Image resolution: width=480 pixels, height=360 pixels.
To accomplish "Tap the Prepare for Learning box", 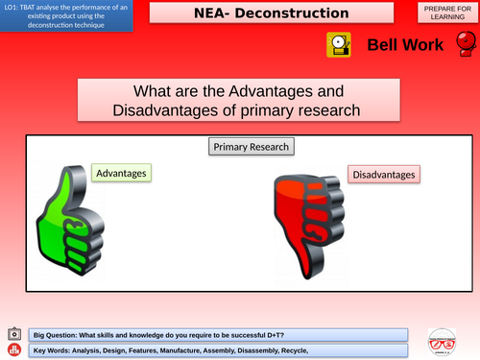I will click(446, 13).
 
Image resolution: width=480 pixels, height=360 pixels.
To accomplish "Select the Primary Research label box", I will click(251, 147).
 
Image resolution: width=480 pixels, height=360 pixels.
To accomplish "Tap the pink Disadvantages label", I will click(384, 175).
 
